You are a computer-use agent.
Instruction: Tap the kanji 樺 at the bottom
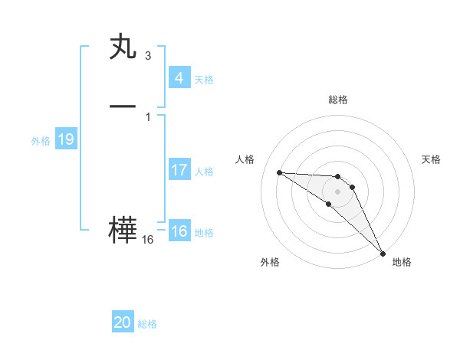pos(123,231)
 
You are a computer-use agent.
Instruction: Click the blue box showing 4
pos(179,78)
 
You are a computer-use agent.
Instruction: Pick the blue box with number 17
pos(179,170)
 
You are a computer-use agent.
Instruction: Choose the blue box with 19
pos(66,139)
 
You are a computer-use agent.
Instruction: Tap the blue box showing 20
pos(123,322)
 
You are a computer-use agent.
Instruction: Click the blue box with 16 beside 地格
pos(179,231)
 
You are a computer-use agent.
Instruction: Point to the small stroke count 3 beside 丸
pos(147,56)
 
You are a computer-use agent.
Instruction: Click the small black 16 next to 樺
pos(147,240)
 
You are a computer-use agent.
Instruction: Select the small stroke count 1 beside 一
pos(147,116)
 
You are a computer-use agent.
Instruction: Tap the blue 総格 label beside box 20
pos(147,324)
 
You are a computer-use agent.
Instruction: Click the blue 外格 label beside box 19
pos(41,141)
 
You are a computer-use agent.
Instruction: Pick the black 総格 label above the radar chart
pos(337,100)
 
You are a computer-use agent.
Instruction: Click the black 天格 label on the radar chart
pos(431,159)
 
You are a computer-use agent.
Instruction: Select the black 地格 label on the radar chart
pos(402,262)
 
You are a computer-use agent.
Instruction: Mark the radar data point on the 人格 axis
pos(279,172)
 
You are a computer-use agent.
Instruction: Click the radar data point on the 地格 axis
pos(383,253)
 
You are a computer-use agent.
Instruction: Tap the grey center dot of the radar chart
pos(337,191)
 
